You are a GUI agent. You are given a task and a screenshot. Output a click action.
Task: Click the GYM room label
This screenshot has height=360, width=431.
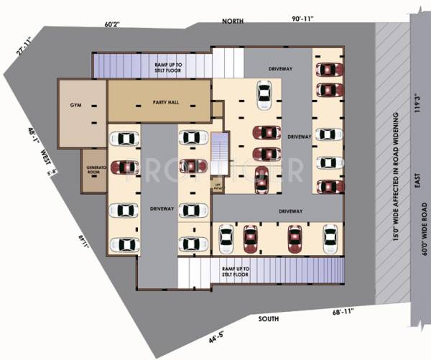75,106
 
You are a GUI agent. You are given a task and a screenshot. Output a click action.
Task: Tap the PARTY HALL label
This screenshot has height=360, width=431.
165,102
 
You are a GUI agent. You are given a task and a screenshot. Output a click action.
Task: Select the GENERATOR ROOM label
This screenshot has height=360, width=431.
93,170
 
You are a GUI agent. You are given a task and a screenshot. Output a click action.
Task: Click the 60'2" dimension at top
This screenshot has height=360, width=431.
111,24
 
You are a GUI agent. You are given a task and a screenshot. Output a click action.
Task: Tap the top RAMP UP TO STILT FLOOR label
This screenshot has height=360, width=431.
169,68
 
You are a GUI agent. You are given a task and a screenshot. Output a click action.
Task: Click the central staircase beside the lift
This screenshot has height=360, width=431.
220,152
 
